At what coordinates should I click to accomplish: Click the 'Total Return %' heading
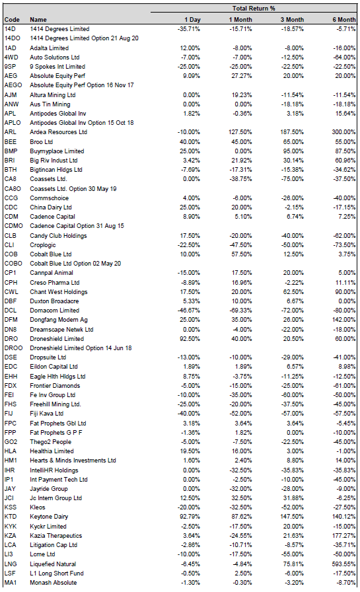point(254,9)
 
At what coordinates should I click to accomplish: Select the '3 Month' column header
point(292,20)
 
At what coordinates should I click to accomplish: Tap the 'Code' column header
point(12,20)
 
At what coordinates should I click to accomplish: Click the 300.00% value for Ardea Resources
point(343,132)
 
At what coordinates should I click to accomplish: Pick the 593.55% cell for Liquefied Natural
point(343,564)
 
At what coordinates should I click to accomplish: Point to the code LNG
point(11,564)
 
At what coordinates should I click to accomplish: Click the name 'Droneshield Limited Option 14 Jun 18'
point(81,348)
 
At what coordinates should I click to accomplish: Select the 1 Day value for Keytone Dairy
point(190,517)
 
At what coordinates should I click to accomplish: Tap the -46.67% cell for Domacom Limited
point(189,311)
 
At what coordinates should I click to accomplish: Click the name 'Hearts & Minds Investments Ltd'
point(73,461)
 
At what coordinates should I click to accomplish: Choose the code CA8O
point(13,189)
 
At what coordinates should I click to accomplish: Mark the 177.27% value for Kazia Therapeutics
point(343,536)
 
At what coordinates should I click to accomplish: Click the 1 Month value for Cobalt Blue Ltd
point(242,254)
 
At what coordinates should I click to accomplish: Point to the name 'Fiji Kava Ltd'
point(46,414)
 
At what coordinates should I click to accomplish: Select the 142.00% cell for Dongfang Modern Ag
point(343,320)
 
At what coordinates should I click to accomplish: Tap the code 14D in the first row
point(10,29)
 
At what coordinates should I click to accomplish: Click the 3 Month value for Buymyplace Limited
point(293,151)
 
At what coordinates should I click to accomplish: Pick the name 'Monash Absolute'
point(54,583)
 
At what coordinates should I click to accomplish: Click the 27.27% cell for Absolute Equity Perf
point(242,76)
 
